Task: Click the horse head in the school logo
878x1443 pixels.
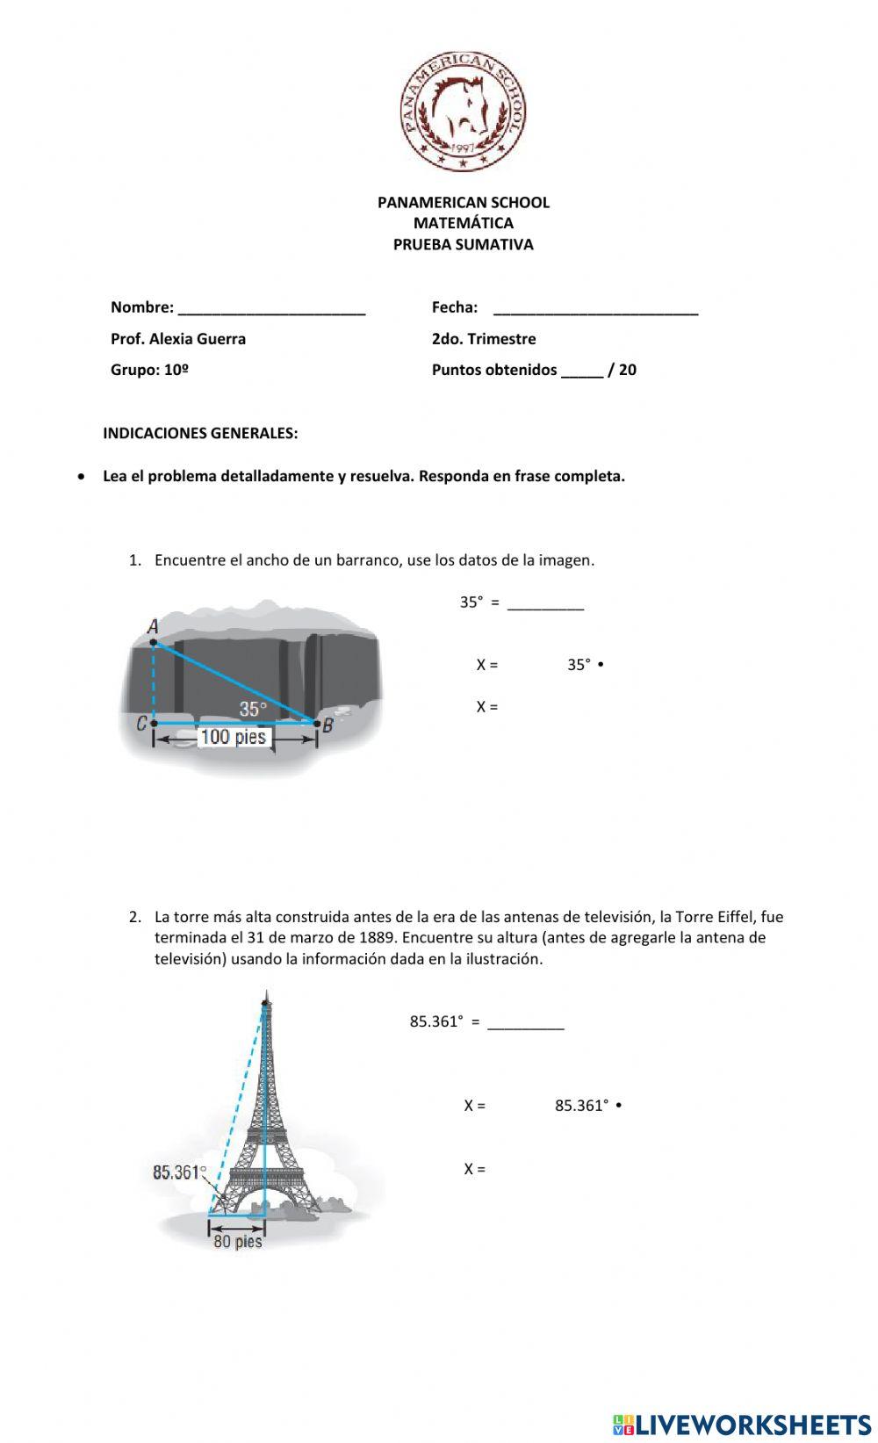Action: click(x=464, y=109)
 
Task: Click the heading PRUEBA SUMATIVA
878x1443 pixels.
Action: click(x=463, y=245)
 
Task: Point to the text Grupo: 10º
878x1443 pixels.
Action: click(x=150, y=370)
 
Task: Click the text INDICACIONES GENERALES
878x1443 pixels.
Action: click(x=200, y=433)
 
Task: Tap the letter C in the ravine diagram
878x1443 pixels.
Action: click(x=141, y=724)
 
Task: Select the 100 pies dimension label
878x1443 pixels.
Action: click(x=234, y=737)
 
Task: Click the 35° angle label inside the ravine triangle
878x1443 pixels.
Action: click(x=253, y=709)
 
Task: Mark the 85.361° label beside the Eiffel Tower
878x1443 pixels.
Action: click(x=179, y=1172)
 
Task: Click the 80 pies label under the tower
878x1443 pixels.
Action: click(x=237, y=1242)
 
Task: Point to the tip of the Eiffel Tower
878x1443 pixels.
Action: click(x=265, y=996)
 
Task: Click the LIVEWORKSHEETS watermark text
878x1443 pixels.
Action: click(x=752, y=1424)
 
